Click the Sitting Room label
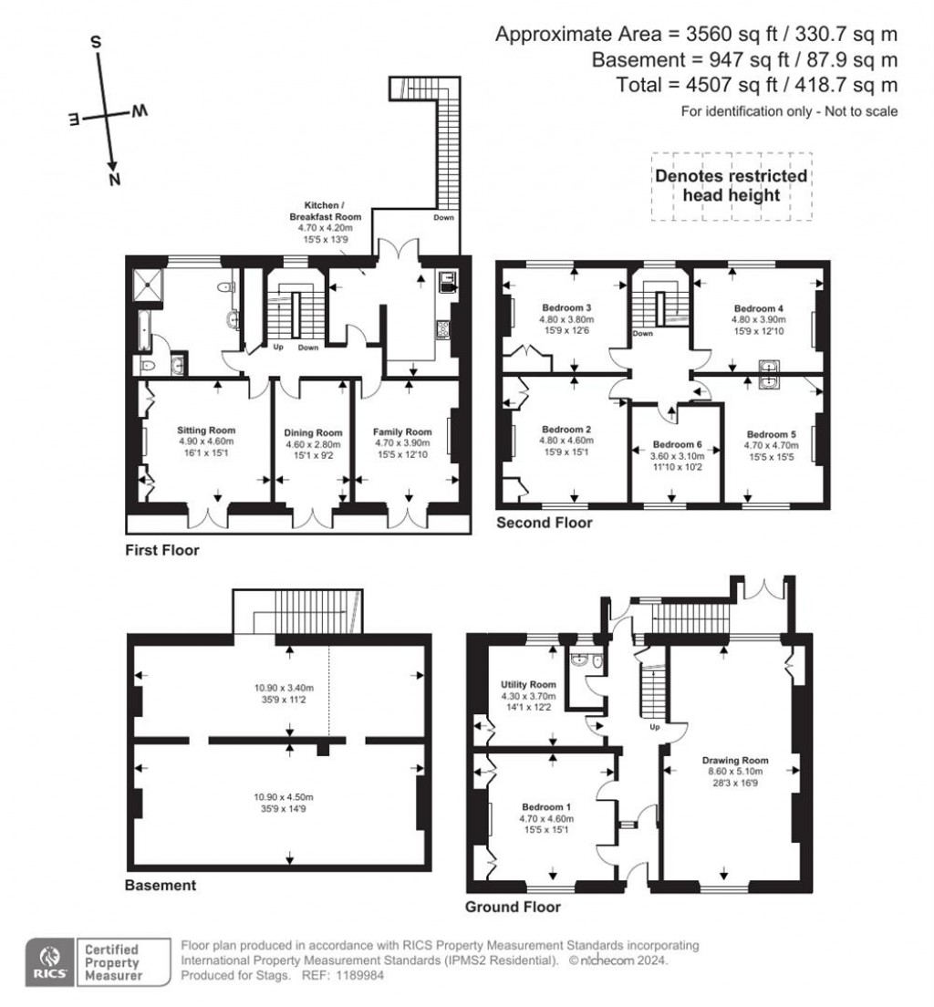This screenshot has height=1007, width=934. (x=205, y=431)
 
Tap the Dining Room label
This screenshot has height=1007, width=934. (x=312, y=432)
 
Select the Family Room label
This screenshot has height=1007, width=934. (x=401, y=431)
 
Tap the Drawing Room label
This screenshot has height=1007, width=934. (x=735, y=760)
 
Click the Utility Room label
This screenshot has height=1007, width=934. (x=528, y=684)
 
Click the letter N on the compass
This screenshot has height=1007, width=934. (x=115, y=180)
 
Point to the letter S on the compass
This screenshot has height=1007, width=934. (x=96, y=43)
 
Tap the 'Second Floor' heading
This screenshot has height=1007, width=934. (x=544, y=523)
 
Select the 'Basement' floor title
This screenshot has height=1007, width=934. (x=161, y=885)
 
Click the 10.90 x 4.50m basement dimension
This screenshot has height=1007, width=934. (x=282, y=796)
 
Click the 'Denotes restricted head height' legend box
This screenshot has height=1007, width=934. (x=731, y=185)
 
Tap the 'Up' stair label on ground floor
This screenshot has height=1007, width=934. (x=654, y=728)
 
